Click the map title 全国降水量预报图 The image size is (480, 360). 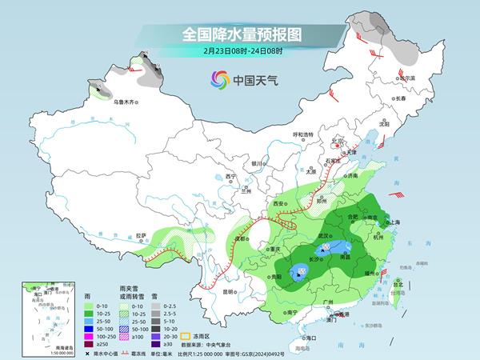239,34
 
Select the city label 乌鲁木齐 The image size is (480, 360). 125,102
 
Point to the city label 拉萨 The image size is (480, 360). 142,235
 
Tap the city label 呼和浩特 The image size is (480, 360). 303,134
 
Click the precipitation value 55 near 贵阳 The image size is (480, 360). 302,273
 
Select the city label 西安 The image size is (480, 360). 279,204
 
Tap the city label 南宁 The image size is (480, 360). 291,312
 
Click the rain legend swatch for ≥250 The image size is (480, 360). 81,345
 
